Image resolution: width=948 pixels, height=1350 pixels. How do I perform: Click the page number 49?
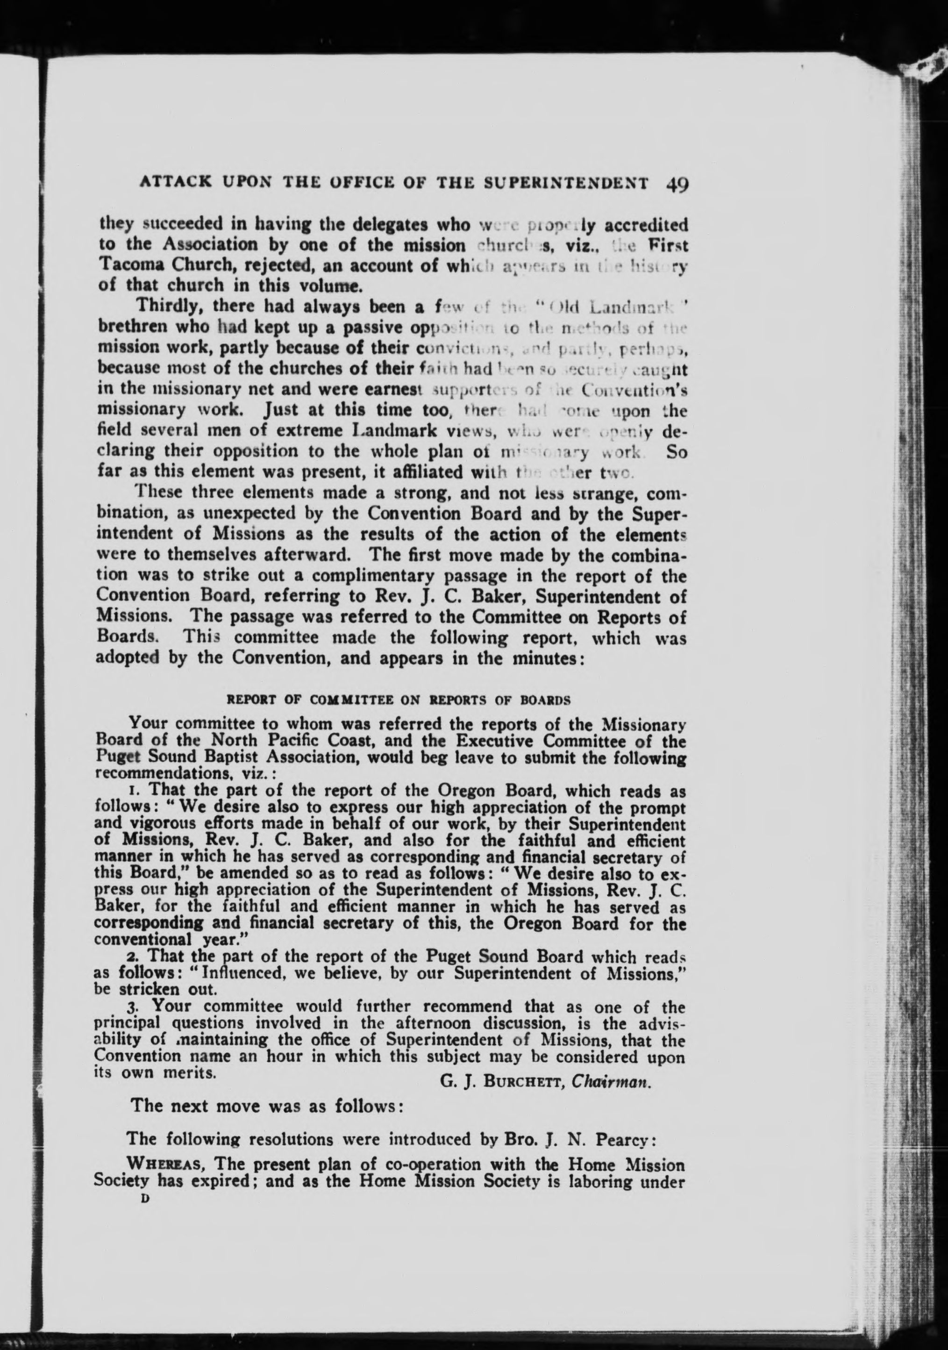pos(677,183)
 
